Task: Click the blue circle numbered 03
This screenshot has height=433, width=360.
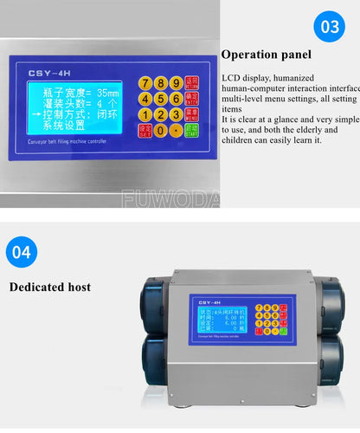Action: [331, 26]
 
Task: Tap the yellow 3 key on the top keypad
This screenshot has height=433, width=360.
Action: [177, 114]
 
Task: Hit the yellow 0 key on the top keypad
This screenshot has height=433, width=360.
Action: [161, 131]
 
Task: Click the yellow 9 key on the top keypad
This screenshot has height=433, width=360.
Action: [177, 83]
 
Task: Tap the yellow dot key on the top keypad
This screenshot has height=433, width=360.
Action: [177, 131]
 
